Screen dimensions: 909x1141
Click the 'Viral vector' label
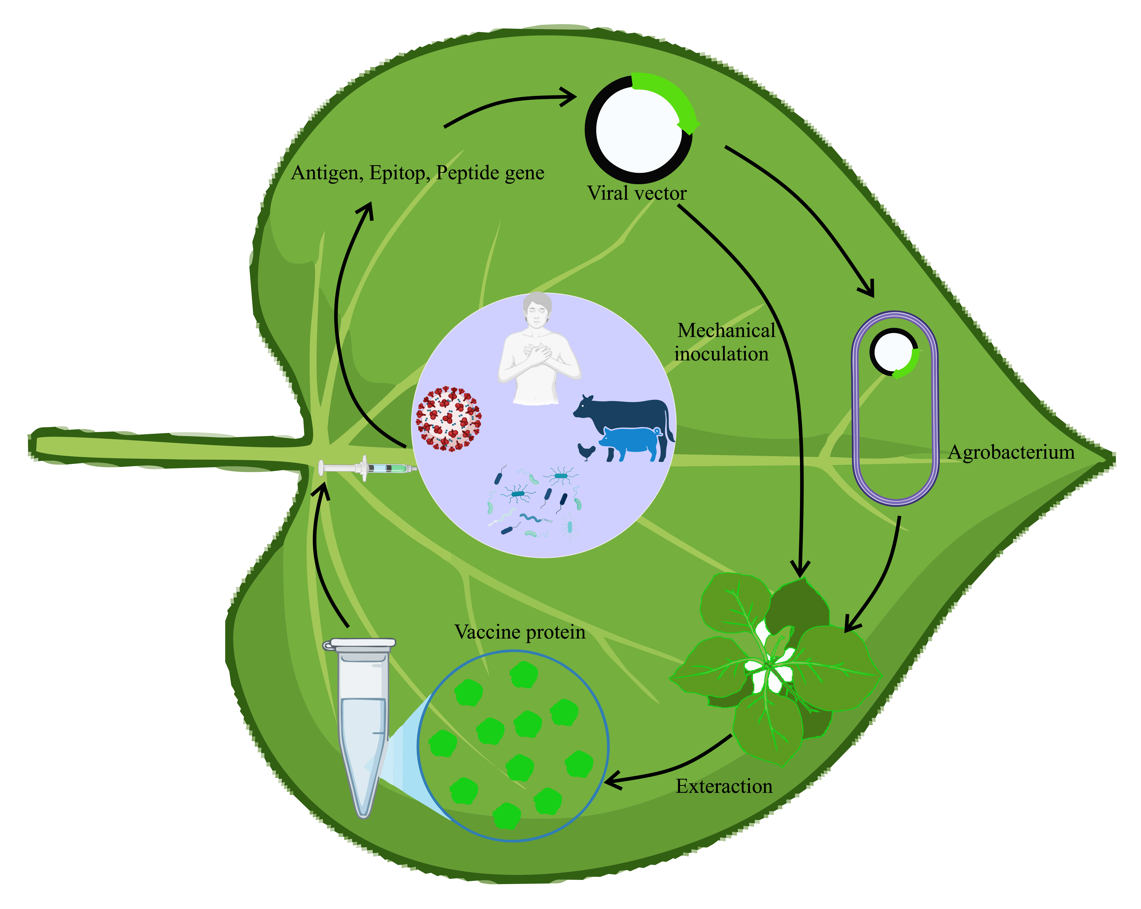[x=637, y=194]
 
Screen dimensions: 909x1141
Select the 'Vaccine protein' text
[x=520, y=632]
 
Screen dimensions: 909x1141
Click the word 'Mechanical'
[x=726, y=331]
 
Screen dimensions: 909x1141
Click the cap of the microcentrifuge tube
[x=360, y=644]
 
